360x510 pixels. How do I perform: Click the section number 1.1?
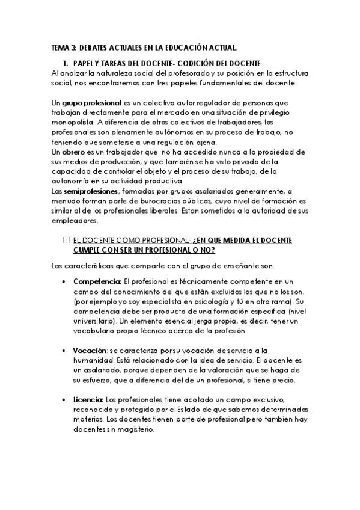coord(66,241)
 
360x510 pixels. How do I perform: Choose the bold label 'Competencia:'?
coord(97,281)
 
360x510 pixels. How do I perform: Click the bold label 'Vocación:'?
coord(91,350)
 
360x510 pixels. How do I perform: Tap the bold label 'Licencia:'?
coord(88,400)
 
